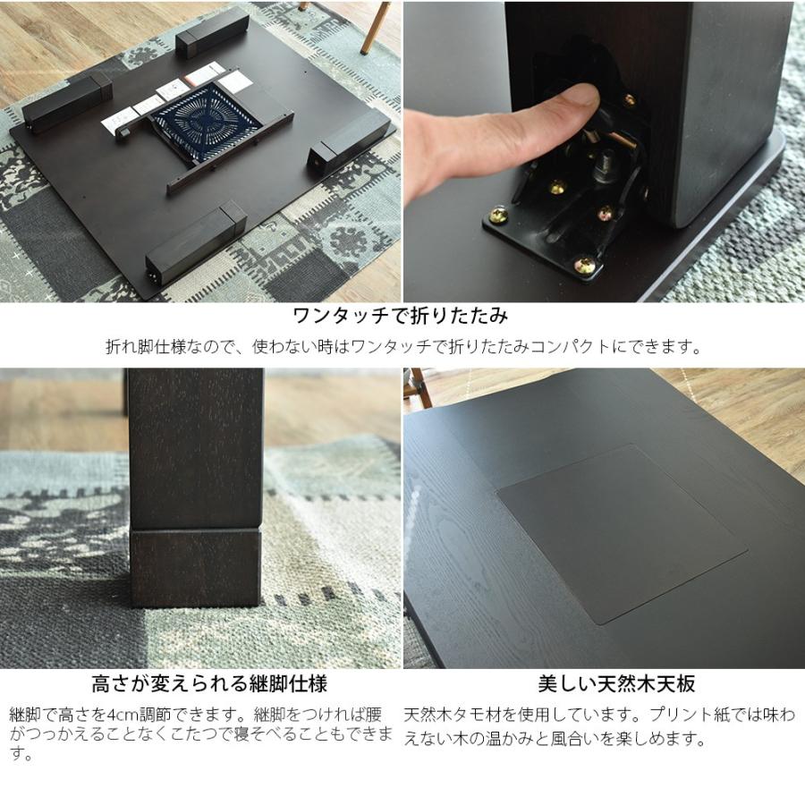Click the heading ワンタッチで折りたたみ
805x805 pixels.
coord(402,316)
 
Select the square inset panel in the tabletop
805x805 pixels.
coord(621,531)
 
